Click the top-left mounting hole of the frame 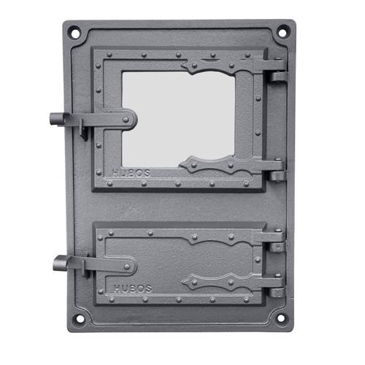(x=75, y=34)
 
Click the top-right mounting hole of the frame (x=283, y=33)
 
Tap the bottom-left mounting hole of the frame (x=80, y=318)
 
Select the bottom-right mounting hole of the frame (x=281, y=318)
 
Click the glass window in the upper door (x=178, y=119)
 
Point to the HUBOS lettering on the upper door (x=131, y=173)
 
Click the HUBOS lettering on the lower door (x=133, y=288)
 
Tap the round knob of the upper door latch (x=56, y=119)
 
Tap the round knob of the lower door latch (x=60, y=263)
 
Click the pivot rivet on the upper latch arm (x=126, y=120)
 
